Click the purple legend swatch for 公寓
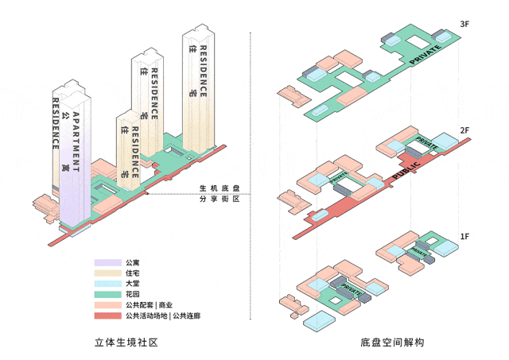[107, 263]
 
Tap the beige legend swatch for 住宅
[107, 273]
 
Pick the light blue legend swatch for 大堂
[107, 284]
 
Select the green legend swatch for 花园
[107, 294]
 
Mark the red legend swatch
[107, 315]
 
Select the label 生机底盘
[220, 188]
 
